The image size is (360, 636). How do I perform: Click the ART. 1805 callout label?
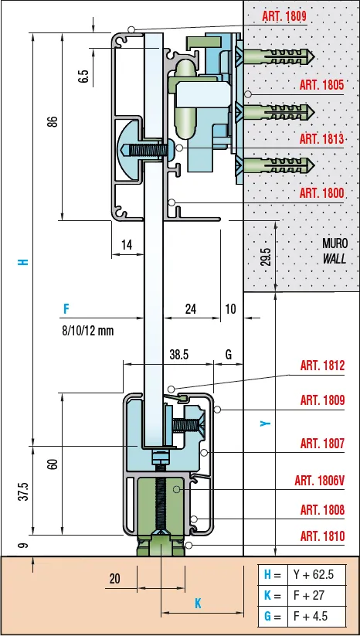tap(321, 85)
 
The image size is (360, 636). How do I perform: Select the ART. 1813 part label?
tap(321, 139)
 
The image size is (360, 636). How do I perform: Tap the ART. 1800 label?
tap(321, 193)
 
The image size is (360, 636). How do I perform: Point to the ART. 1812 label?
tap(322, 366)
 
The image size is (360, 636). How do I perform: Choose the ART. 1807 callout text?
tap(322, 444)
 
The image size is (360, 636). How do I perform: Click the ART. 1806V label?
tap(320, 481)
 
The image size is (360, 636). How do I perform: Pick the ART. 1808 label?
tap(322, 509)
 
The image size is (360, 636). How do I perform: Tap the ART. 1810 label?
tap(322, 536)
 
